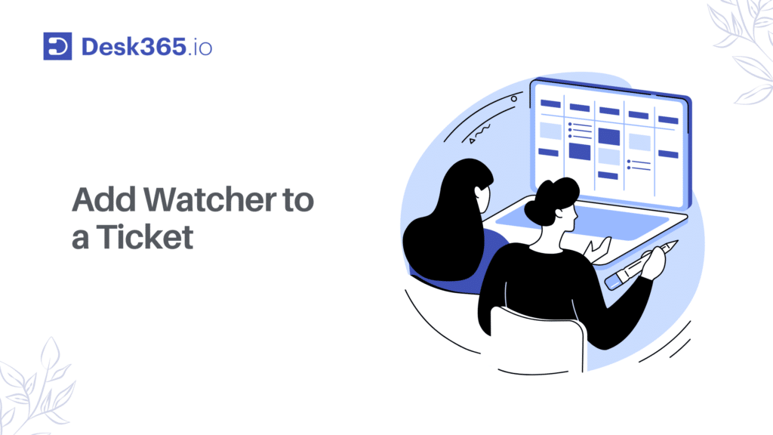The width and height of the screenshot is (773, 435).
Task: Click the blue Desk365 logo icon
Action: [x=57, y=46]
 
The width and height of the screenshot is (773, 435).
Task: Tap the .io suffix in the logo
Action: [x=201, y=48]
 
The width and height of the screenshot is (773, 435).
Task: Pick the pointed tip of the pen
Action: [x=673, y=243]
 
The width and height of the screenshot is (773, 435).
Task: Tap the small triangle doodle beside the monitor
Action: [x=473, y=140]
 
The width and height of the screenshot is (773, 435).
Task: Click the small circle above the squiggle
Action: [x=514, y=98]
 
